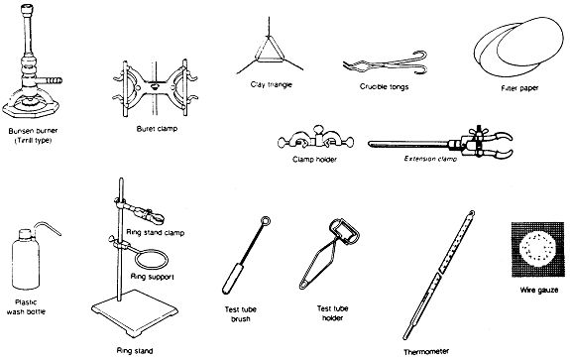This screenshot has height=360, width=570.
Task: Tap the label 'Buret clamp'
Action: point(157,129)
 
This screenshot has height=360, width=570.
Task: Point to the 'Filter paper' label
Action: point(519,88)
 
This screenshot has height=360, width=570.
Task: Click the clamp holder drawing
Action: point(316,139)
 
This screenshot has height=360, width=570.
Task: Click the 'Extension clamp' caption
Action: point(430,159)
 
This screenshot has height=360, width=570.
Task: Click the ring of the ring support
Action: point(152,259)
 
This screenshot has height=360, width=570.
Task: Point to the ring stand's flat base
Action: point(135,311)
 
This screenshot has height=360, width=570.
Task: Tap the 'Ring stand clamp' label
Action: point(156,232)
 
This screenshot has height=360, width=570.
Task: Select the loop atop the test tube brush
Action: point(265,221)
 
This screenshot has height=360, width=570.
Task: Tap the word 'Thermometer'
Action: point(426,352)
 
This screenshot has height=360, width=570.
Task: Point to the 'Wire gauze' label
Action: point(538,291)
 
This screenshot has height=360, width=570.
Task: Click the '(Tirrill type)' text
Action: point(33,141)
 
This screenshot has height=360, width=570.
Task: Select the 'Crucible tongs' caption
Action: point(385,86)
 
